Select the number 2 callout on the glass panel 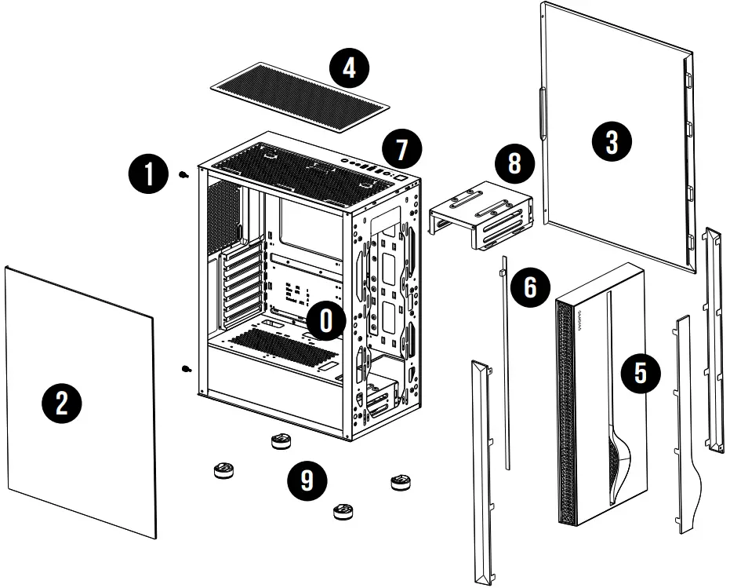(60, 404)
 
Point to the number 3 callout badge (611, 142)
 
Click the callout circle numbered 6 (530, 287)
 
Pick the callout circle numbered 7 (401, 148)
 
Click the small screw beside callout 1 (183, 175)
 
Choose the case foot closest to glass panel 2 (224, 471)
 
